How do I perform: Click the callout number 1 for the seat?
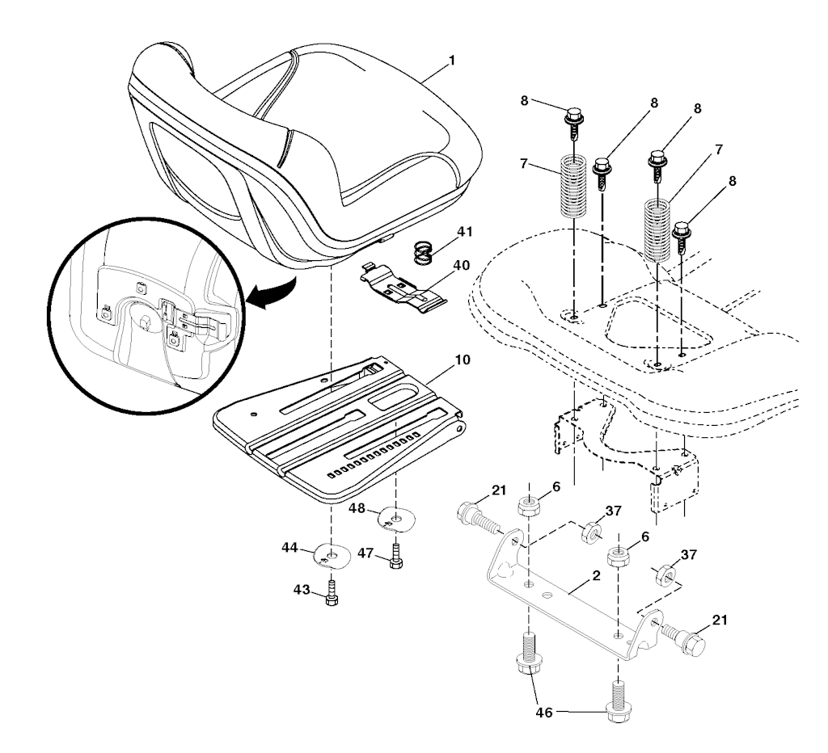click(451, 61)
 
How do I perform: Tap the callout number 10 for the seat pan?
click(462, 360)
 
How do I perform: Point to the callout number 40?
click(462, 265)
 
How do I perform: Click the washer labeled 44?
click(331, 556)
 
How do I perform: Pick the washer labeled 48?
click(396, 518)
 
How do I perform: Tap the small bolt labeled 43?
click(332, 592)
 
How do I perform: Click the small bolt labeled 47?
click(395, 557)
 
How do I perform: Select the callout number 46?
click(544, 713)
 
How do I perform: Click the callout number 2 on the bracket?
click(597, 576)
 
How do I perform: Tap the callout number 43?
click(302, 590)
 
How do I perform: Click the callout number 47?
click(365, 553)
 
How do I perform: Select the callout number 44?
click(289, 548)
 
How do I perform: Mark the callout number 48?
click(357, 508)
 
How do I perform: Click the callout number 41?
click(465, 232)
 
